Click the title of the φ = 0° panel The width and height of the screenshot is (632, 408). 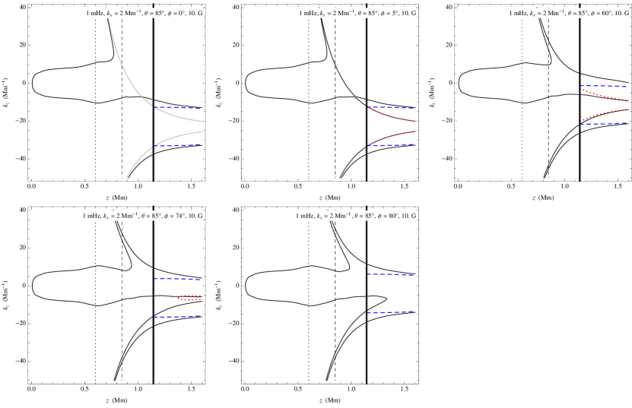144,13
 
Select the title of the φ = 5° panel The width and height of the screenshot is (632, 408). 357,13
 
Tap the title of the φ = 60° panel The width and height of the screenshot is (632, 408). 570,13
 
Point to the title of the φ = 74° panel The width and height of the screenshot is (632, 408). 142,216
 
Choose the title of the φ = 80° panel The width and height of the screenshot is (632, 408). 356,216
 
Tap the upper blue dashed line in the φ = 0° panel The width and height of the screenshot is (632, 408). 179,108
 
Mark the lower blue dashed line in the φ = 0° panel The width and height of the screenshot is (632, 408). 179,145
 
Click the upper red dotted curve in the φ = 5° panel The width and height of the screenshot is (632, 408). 392,115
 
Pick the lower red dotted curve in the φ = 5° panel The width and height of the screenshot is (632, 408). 392,136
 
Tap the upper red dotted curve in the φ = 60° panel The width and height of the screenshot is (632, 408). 605,96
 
